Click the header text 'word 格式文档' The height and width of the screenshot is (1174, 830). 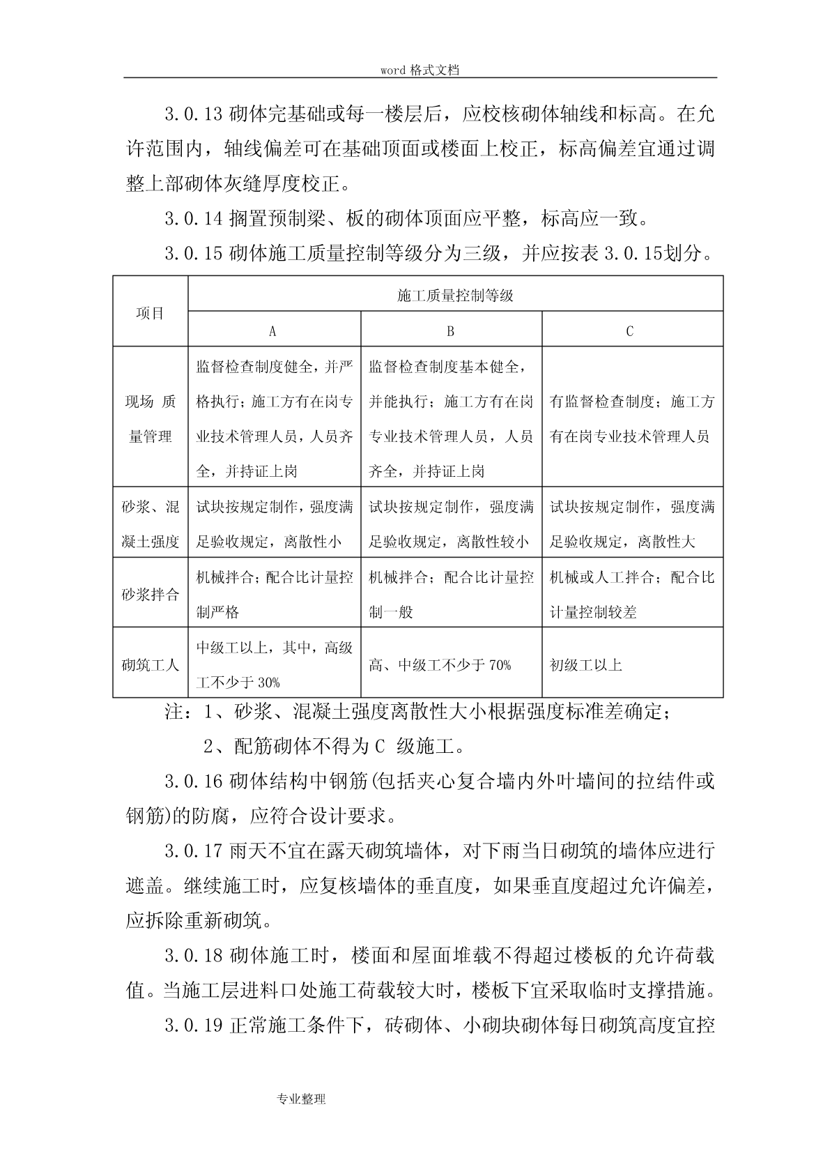[x=420, y=70]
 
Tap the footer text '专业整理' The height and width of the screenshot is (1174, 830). [x=301, y=1099]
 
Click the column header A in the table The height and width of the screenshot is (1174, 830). [x=272, y=331]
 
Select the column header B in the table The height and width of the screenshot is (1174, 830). [x=450, y=331]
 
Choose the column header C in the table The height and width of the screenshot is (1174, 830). [x=630, y=331]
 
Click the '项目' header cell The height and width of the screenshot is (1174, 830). [x=150, y=313]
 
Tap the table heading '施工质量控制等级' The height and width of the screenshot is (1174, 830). [x=455, y=296]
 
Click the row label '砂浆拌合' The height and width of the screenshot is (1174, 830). [x=150, y=595]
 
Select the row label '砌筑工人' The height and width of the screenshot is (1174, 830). [x=150, y=665]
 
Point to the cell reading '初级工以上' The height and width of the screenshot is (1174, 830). [x=585, y=665]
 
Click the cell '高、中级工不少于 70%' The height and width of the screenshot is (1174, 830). [x=440, y=665]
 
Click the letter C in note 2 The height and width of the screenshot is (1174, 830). [x=379, y=747]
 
